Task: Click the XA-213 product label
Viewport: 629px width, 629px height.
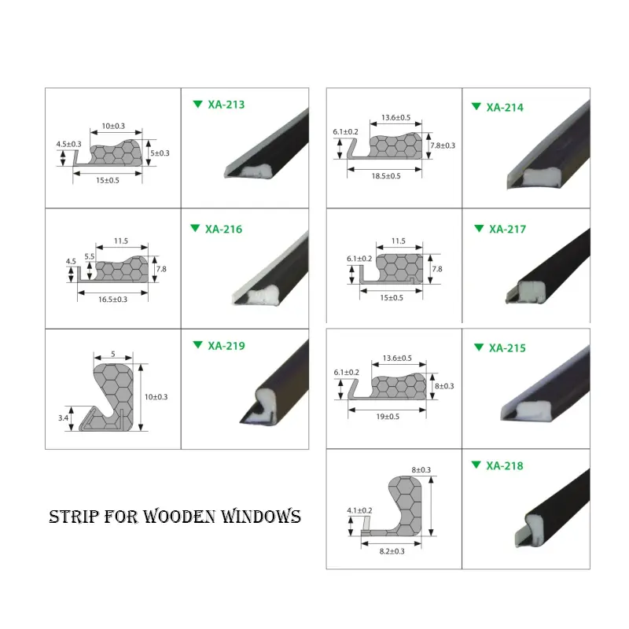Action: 226,104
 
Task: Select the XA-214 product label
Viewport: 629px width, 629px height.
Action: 504,107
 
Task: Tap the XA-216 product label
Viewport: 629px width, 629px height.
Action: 223,230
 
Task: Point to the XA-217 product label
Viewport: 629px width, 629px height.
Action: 507,230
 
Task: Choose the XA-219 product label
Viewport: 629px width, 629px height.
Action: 226,345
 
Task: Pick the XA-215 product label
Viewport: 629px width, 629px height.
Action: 506,348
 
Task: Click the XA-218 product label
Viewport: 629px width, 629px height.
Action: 504,465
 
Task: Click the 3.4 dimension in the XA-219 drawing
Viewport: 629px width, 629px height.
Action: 64,418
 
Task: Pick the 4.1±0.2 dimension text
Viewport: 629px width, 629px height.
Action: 359,510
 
